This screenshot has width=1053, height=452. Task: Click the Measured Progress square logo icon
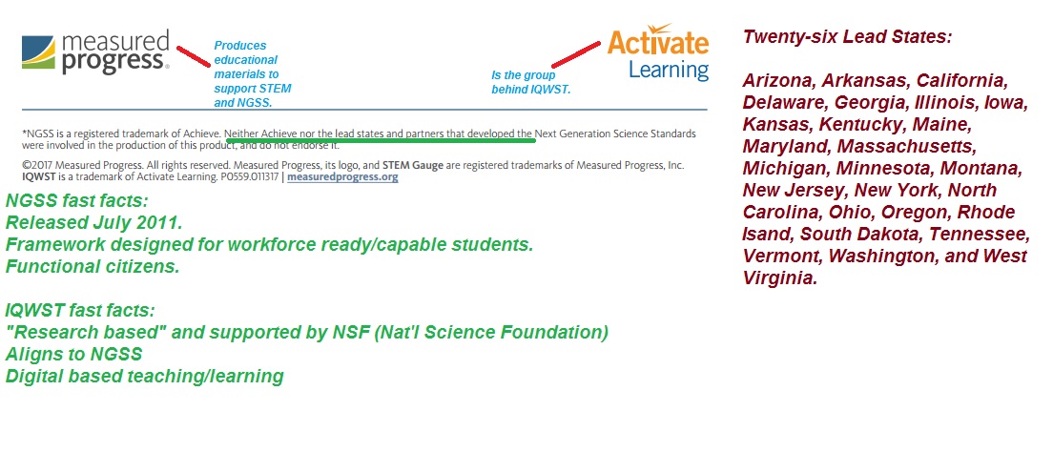pos(38,52)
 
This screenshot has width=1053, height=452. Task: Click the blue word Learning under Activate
pos(669,70)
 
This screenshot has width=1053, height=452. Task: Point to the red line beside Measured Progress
pos(194,55)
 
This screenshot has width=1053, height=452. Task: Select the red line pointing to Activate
pos(576,53)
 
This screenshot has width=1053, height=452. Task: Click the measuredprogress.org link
pos(342,177)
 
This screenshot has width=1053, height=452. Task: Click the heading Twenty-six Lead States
pos(848,37)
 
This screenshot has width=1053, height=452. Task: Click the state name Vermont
pos(782,257)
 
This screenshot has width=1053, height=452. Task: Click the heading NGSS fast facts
pos(76,200)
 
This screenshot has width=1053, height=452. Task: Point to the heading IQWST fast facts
pos(80,311)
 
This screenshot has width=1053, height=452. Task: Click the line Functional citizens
pos(93,267)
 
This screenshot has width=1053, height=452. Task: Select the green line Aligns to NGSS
pos(73,354)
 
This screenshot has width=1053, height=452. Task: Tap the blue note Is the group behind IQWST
pos(530,82)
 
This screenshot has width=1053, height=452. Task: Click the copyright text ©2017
pos(37,165)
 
